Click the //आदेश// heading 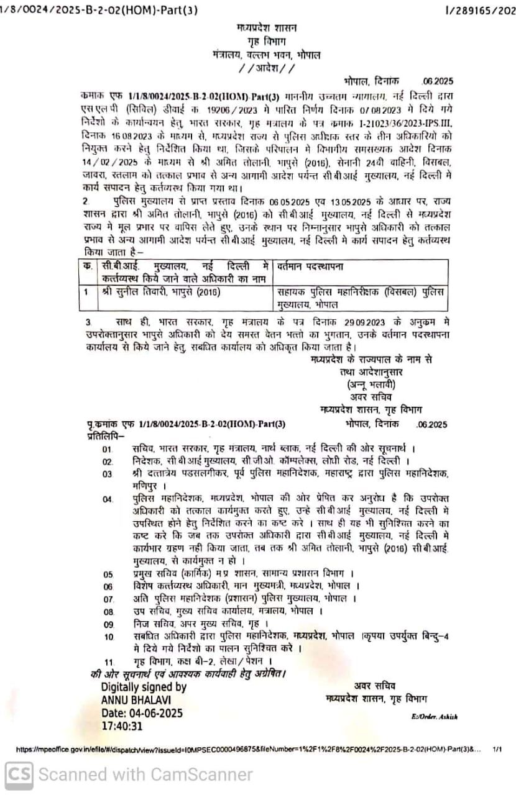pos(267,68)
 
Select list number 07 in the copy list pos(109,599)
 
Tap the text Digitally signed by pos(144,688)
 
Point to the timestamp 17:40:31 pos(122,725)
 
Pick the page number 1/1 pos(497,750)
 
